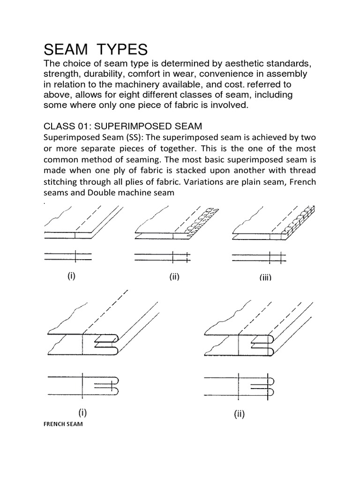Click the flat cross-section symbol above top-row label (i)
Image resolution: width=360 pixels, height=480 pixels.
68,256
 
